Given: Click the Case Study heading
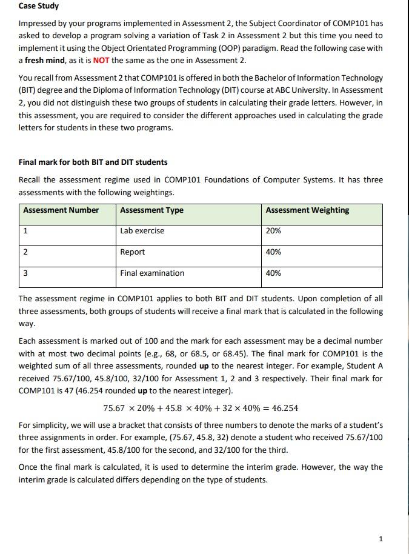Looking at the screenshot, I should tap(39, 6).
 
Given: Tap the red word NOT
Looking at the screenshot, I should tap(101, 61).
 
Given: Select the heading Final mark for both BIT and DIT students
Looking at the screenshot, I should tap(93, 162).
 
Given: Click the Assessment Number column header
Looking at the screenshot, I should tap(61, 210).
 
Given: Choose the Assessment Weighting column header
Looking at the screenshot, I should tap(307, 210).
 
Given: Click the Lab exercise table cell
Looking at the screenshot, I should tap(142, 231).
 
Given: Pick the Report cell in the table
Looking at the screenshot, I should tap(132, 252).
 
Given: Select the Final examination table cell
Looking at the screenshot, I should tap(152, 273).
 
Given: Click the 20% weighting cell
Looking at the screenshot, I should tap(273, 231).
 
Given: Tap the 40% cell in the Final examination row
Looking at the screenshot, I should tap(273, 273).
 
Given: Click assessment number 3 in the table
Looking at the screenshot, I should tap(25, 273).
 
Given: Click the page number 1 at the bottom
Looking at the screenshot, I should tap(380, 539).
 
